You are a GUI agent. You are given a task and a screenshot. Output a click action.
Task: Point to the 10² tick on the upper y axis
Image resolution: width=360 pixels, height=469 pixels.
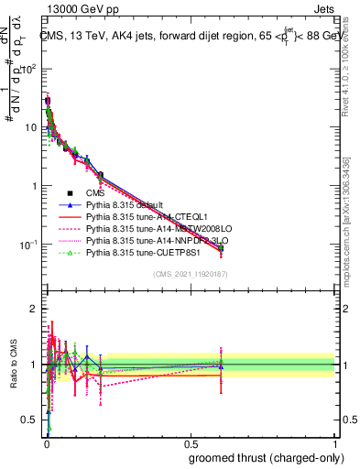(34, 69)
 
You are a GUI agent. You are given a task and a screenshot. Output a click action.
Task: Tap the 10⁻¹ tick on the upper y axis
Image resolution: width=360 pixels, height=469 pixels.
(34, 245)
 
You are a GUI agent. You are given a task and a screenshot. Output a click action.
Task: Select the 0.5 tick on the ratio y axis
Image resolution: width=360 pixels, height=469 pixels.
(34, 420)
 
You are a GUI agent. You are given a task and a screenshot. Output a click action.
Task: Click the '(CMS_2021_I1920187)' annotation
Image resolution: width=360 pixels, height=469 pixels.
(191, 273)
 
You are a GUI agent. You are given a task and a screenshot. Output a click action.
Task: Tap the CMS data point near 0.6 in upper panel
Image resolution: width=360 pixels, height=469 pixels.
(221, 247)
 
